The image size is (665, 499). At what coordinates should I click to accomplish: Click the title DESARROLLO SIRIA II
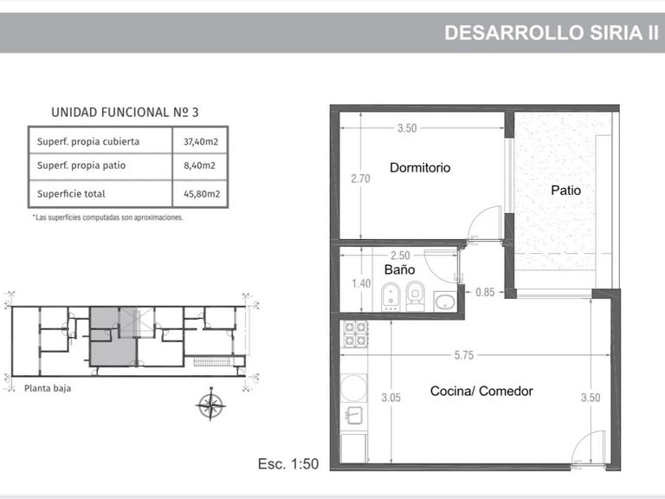[552, 33]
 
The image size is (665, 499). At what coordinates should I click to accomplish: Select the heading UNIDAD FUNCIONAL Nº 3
[125, 113]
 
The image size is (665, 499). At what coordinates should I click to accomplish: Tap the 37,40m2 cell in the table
[201, 142]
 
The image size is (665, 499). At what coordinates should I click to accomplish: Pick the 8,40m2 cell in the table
[199, 165]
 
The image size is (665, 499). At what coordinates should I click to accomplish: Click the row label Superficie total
[71, 194]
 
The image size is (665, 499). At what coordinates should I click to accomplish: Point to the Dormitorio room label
[420, 167]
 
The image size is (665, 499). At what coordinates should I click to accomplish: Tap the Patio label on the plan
[565, 190]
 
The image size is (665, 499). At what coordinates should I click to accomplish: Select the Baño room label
[399, 269]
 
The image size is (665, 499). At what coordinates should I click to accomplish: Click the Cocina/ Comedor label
[481, 391]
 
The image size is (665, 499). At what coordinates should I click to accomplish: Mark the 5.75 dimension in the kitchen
[464, 355]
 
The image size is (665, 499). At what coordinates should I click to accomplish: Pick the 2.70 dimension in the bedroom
[360, 178]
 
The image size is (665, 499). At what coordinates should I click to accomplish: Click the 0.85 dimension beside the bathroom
[485, 292]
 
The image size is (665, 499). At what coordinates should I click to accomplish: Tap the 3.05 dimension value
[391, 398]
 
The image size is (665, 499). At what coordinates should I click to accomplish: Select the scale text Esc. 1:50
[288, 463]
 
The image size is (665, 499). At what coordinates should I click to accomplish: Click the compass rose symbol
[210, 405]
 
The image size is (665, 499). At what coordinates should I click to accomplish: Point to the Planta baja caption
[48, 388]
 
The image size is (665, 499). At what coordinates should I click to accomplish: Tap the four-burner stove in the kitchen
[355, 334]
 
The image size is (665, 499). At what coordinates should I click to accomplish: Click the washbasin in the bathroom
[445, 301]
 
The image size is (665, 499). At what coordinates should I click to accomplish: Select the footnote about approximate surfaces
[107, 217]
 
